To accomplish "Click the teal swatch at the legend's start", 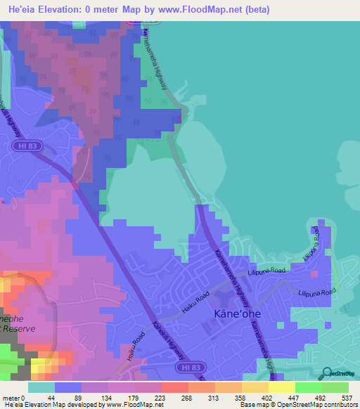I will coord(41,387).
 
